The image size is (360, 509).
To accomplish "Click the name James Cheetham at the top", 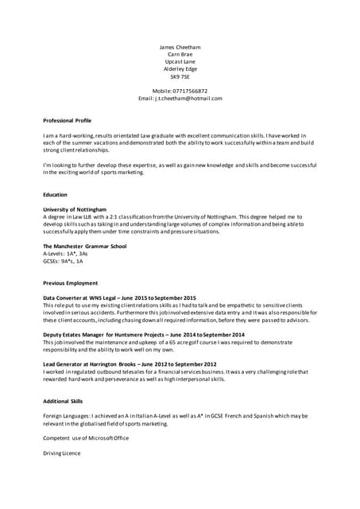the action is tap(180, 46).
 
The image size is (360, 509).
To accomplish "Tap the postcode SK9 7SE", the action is tap(180, 77).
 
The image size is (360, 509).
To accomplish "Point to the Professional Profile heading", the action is tap(67, 120).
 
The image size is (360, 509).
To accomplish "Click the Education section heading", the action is tap(55, 194).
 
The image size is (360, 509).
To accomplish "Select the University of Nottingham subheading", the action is tap(75, 208).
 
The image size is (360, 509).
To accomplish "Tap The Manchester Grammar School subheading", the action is tap(84, 246).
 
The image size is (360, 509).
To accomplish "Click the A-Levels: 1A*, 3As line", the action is tap(65, 253).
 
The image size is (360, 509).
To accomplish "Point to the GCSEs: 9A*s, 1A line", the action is tap(63, 260).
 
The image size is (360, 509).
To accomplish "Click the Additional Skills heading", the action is tap(62, 401).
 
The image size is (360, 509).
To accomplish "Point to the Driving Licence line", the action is tap(61, 453).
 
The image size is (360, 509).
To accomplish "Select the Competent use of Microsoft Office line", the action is tap(85, 438).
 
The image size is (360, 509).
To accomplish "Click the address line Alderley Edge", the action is tap(180, 69).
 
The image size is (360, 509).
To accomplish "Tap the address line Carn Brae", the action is tap(180, 54).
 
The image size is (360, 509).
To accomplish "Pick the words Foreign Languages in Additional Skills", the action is tap(66, 416).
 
